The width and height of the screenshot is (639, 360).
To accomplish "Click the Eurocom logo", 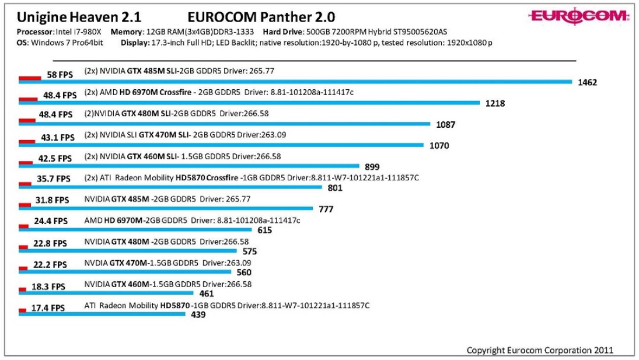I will coord(579,16).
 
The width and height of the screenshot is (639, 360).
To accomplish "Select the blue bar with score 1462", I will coord(295,82).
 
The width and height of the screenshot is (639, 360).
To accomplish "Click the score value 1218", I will coord(495,103).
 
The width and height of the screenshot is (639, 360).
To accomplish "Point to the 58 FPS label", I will coord(60,75).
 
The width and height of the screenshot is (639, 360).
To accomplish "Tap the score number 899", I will coord(372,167).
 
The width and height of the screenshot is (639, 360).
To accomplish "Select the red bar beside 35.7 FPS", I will coord(25,183).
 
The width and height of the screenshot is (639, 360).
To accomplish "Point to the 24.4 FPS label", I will coord(51,221).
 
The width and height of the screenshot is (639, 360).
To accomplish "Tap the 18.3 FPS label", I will coord(50,286).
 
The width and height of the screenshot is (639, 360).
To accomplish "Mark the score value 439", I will coord(198,315).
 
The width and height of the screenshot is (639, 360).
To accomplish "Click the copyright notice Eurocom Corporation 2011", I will coord(540,350).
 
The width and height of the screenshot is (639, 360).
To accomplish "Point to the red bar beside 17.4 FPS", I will coord(22,310).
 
